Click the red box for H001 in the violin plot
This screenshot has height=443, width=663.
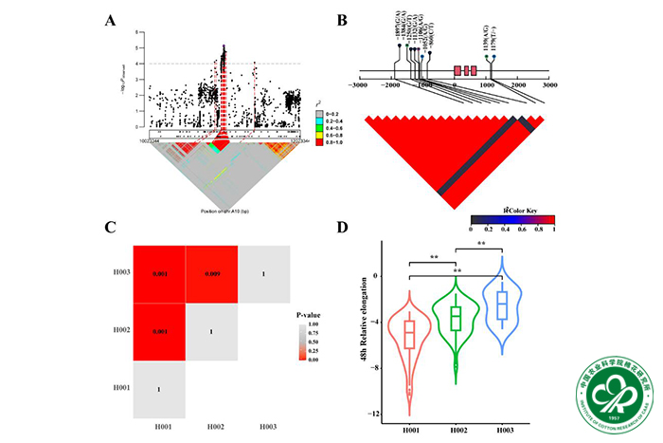(409, 335)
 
